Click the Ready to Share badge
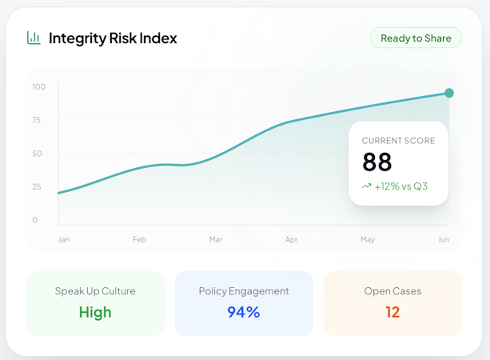(416, 38)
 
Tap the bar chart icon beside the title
(34, 38)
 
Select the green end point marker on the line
(449, 93)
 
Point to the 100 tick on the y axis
(39, 86)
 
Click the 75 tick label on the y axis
(37, 120)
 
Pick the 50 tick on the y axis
(37, 154)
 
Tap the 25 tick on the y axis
(37, 186)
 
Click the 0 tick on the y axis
(35, 220)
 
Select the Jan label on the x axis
(64, 239)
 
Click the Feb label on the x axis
(139, 239)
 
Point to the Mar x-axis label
(216, 239)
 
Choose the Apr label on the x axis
(291, 240)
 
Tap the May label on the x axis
(368, 240)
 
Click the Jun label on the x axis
(444, 239)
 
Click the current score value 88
(376, 162)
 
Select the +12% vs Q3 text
(401, 186)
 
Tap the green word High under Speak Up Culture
(95, 313)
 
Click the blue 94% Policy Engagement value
(244, 312)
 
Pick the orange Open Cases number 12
(392, 312)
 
